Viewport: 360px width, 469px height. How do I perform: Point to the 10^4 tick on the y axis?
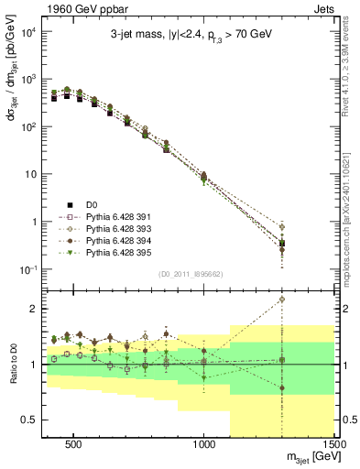[30, 32]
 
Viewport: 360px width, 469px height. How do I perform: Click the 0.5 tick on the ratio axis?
[28, 420]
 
